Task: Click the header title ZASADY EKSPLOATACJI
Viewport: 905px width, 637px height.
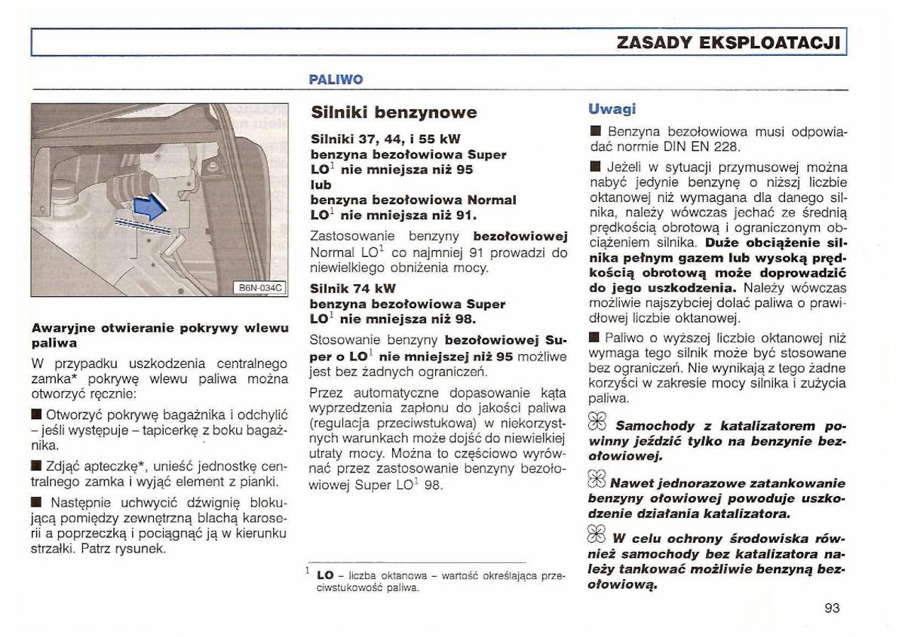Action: (x=728, y=42)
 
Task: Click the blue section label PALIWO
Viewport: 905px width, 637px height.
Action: (x=336, y=79)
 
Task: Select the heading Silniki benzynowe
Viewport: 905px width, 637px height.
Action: (x=394, y=113)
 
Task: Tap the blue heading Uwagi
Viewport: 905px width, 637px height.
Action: (x=612, y=109)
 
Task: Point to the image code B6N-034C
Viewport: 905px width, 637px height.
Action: (x=259, y=287)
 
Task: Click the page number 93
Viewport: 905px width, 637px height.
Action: (x=832, y=608)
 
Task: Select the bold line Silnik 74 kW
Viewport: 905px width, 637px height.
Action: (x=353, y=289)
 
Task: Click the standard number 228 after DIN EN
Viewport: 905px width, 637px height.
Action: (x=732, y=147)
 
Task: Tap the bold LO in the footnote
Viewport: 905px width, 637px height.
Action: (x=326, y=575)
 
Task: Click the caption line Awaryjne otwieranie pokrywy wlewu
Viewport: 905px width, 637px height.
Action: (x=160, y=328)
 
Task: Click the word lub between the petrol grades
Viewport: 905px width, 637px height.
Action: (x=321, y=185)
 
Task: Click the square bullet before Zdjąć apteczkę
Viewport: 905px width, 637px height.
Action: (x=35, y=465)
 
